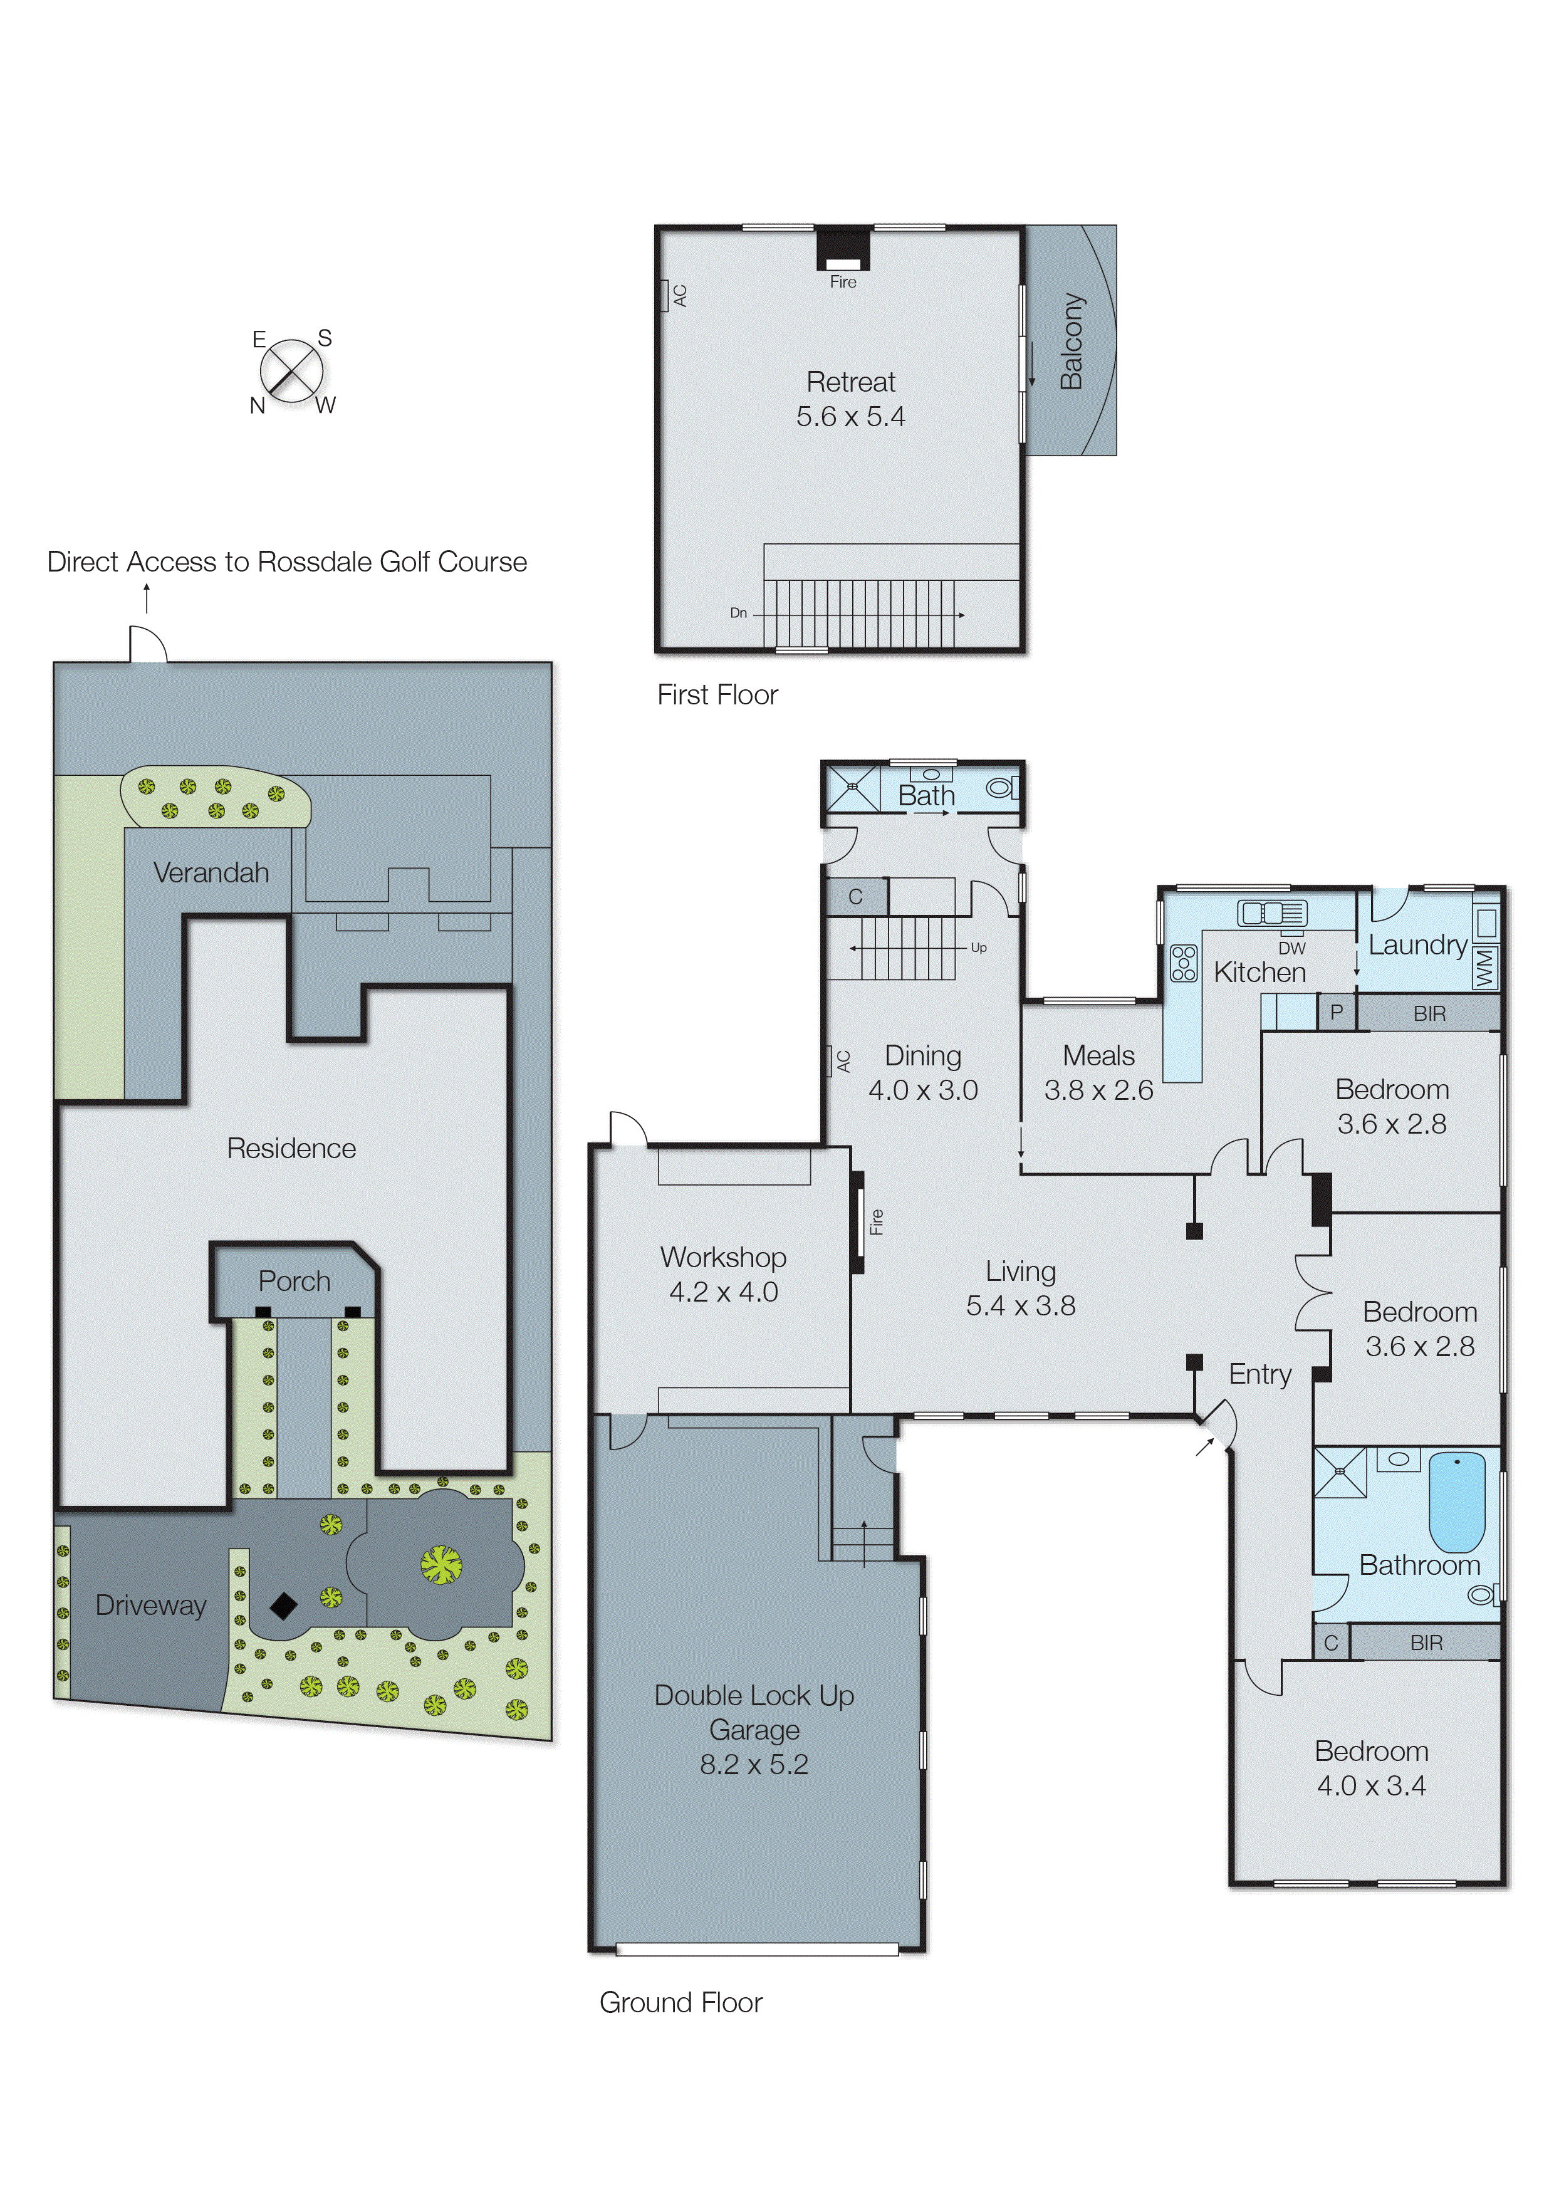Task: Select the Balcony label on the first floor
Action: [1071, 341]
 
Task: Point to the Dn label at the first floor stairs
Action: [738, 612]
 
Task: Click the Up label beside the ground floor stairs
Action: [978, 948]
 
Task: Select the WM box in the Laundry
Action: [1484, 968]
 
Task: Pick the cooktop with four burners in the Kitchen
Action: [1184, 963]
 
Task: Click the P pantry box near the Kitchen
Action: [1336, 1011]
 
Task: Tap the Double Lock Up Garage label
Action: [754, 1729]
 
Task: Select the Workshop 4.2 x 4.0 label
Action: [723, 1273]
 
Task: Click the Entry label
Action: [1259, 1374]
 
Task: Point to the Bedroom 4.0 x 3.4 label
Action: [1371, 1768]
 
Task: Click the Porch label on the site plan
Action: [294, 1281]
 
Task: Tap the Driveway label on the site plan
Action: [150, 1604]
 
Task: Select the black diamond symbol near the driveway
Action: [283, 1606]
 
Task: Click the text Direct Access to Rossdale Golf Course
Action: [287, 562]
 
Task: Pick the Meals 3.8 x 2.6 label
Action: [1098, 1073]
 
